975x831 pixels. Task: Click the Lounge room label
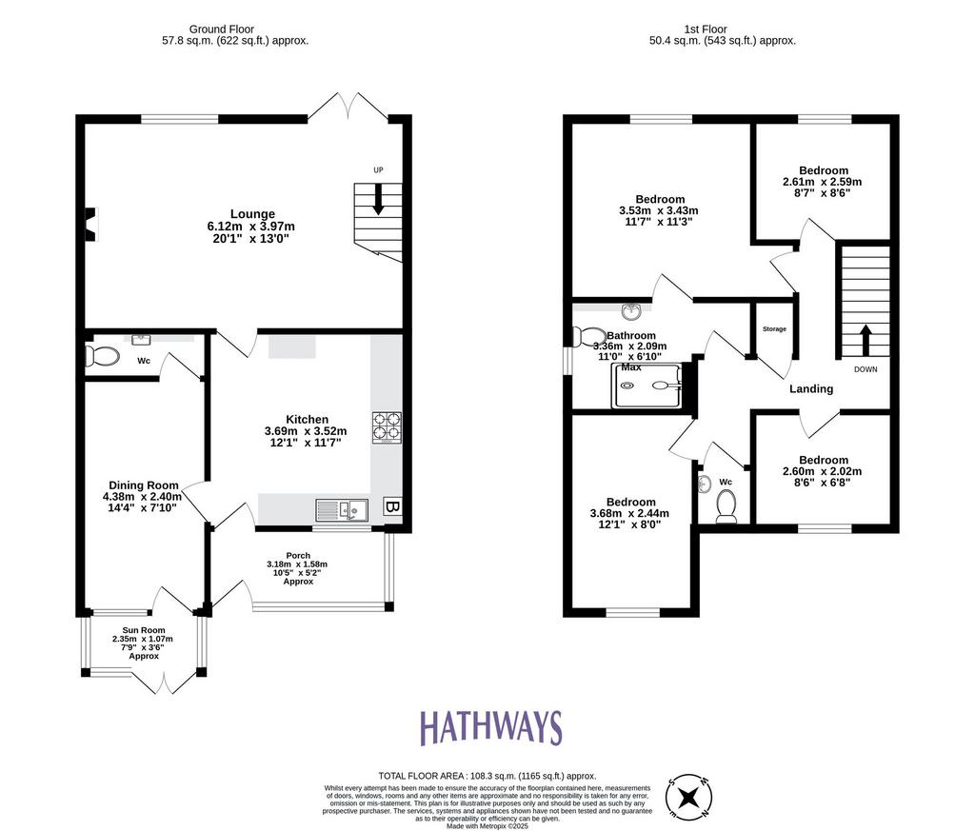pyautogui.click(x=252, y=214)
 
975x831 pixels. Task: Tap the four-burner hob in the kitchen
pyautogui.click(x=387, y=427)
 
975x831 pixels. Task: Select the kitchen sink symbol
pyautogui.click(x=342, y=510)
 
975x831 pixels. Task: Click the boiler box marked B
pyautogui.click(x=391, y=506)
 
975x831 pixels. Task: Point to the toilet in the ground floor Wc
pyautogui.click(x=103, y=357)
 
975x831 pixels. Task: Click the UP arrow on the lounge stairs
pyautogui.click(x=378, y=199)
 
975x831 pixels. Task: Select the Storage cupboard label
pyautogui.click(x=774, y=328)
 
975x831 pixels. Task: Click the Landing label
pyautogui.click(x=811, y=388)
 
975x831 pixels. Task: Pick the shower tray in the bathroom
pyautogui.click(x=647, y=386)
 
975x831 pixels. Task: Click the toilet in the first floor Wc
pyautogui.click(x=726, y=506)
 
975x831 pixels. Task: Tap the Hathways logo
pyautogui.click(x=490, y=728)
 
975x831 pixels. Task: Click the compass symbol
pyautogui.click(x=689, y=796)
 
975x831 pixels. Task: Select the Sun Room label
pyautogui.click(x=144, y=630)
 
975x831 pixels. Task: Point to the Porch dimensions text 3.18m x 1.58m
pyautogui.click(x=297, y=564)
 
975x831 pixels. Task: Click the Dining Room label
pyautogui.click(x=144, y=485)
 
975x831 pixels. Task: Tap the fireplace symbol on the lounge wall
pyautogui.click(x=92, y=224)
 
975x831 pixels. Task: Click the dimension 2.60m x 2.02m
pyautogui.click(x=822, y=471)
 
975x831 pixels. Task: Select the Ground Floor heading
pyautogui.click(x=221, y=30)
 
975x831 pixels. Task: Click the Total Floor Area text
pyautogui.click(x=487, y=776)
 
